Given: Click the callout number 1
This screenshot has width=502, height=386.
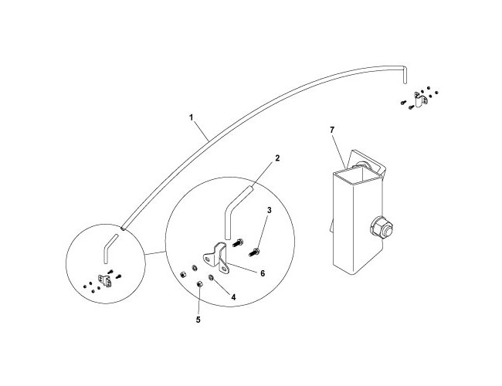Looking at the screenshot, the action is point(191,117).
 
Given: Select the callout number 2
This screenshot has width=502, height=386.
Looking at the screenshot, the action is point(277,157).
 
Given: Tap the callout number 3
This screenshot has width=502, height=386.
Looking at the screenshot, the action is point(270,210).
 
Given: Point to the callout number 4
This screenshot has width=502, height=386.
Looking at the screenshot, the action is point(233,297).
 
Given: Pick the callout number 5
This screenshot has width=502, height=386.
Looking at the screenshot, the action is point(198,320).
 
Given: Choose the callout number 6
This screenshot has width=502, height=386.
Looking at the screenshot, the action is point(263,273).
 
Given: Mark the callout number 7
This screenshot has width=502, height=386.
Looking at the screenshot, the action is point(332,130).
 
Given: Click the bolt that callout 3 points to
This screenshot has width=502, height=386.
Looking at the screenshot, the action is point(254,252).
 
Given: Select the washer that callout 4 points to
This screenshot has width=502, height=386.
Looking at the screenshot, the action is point(212,277).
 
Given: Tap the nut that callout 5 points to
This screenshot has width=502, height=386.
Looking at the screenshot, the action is point(198,284).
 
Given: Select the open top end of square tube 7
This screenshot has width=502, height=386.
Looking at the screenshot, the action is point(358,177).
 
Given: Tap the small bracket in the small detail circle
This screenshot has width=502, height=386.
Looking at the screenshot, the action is point(105,279).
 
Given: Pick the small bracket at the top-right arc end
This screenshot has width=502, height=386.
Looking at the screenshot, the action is point(419,100).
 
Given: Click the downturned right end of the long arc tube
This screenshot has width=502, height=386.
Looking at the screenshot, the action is point(405,75).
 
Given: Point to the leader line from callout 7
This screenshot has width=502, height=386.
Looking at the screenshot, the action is point(339,151).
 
